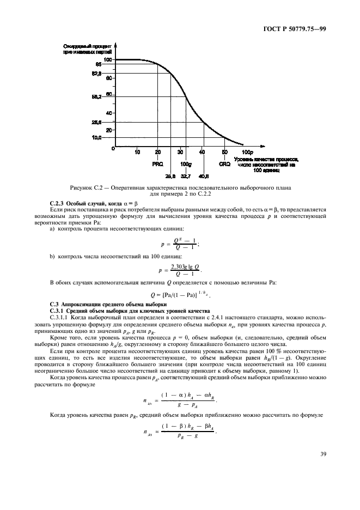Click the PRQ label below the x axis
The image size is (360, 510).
pyautogui.click(x=157, y=163)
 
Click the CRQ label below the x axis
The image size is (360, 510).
pyautogui.click(x=224, y=163)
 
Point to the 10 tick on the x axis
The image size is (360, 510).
pyautogui.click(x=136, y=152)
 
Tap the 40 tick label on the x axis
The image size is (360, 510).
pyautogui.click(x=202, y=152)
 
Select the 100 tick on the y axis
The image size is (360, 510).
pyautogui.click(x=107, y=59)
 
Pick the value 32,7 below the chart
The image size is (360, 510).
pyautogui.click(x=185, y=176)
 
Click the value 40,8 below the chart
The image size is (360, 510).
pyautogui.click(x=204, y=176)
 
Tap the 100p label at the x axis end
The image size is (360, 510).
pyautogui.click(x=247, y=152)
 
